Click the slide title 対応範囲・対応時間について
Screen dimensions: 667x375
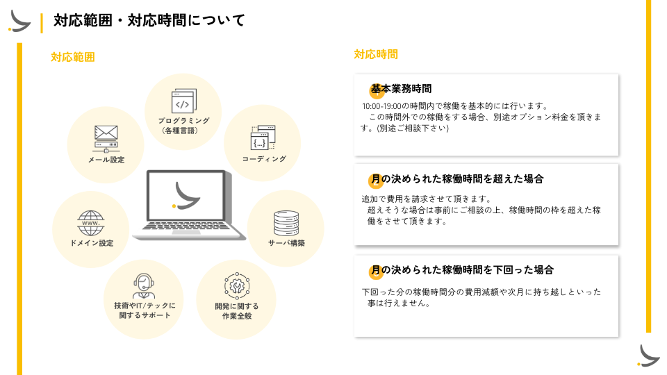coord(149,21)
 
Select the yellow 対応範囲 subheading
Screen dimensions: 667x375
coord(72,57)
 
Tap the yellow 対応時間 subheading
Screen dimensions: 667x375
coord(376,54)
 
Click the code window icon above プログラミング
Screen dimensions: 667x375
coord(183,103)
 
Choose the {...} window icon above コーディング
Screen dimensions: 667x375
coord(263,138)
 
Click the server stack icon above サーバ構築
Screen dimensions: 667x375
coord(286,222)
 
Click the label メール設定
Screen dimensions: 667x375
coord(106,160)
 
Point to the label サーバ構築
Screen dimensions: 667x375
coord(286,243)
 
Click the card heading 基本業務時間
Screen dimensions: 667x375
coord(401,89)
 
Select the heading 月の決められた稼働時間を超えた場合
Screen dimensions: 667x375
coord(456,179)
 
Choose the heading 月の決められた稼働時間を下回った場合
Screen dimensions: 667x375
coord(462,269)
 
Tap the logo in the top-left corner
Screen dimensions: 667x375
coord(19,21)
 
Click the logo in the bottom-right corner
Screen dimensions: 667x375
coord(648,355)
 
